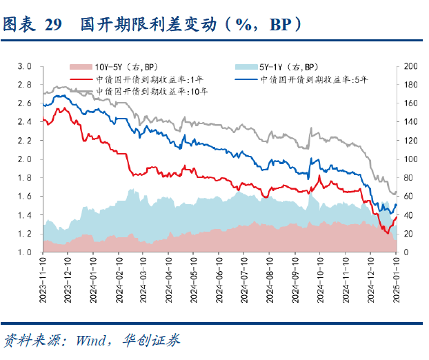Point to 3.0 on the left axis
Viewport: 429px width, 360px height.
tap(25, 66)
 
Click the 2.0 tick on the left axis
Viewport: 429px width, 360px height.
tap(25, 159)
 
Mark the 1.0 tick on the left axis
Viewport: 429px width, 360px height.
tap(25, 252)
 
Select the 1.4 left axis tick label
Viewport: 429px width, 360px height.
tap(25, 215)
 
